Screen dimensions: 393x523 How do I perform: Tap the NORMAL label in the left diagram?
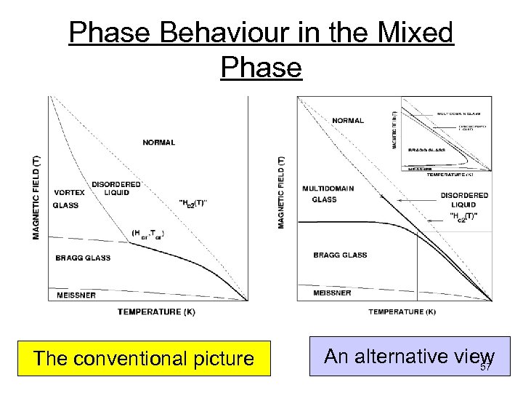coord(158,143)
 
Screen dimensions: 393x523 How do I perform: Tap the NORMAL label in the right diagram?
coord(349,120)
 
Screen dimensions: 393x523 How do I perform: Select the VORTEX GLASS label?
coord(68,199)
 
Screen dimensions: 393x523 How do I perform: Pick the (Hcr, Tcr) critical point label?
coord(148,233)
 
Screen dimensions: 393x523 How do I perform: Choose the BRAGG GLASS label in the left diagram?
coord(83,258)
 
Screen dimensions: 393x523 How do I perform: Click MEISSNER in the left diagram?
coord(76,295)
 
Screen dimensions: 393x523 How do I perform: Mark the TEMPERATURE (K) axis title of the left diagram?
coord(156,311)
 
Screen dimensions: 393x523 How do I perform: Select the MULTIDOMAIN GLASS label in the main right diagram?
coord(328,194)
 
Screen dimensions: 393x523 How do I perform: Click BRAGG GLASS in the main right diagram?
coord(340,255)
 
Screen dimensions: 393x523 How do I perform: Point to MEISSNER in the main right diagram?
coord(332,293)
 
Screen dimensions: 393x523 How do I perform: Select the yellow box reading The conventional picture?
coord(144,358)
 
